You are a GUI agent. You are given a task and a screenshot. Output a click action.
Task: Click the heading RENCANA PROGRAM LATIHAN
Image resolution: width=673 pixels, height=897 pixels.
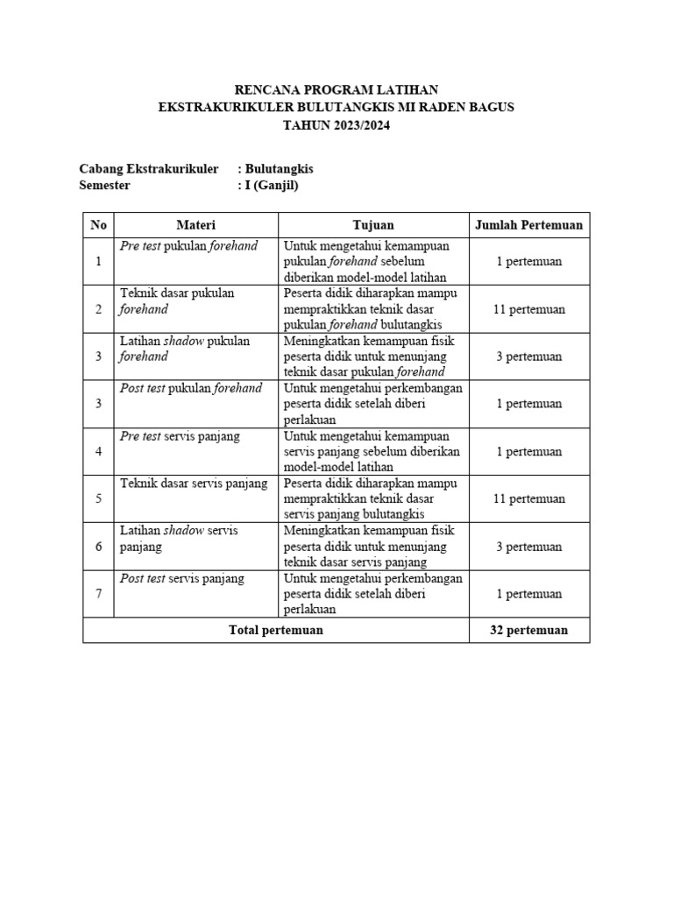click(336, 90)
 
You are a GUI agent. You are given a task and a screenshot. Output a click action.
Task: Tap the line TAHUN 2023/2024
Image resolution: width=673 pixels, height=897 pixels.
click(336, 125)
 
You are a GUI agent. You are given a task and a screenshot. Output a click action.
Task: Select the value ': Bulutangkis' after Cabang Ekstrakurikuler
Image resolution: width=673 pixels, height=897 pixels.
click(275, 168)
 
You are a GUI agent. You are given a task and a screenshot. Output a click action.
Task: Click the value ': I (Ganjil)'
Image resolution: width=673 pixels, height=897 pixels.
click(267, 185)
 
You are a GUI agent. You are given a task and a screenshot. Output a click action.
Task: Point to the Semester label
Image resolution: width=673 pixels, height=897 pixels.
click(104, 185)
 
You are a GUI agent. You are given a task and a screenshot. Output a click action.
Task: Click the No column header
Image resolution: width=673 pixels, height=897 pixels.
click(98, 225)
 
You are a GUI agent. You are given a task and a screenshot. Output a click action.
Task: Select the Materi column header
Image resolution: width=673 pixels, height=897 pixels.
click(195, 225)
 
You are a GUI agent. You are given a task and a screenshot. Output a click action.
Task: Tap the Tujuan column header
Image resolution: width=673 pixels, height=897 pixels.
click(373, 225)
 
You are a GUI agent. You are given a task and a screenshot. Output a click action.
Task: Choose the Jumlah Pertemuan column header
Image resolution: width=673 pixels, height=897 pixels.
click(528, 225)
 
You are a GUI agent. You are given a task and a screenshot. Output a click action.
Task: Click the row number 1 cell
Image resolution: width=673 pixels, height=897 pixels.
click(98, 261)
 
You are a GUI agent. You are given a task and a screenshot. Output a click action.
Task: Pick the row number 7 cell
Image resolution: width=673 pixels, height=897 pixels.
click(98, 594)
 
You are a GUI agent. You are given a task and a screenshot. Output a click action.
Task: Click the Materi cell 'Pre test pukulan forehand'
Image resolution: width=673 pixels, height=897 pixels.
click(188, 246)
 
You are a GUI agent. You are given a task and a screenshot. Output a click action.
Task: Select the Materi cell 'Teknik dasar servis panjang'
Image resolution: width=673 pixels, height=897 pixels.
click(194, 484)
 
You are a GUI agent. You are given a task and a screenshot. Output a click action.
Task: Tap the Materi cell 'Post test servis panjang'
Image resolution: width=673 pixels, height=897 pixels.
click(182, 579)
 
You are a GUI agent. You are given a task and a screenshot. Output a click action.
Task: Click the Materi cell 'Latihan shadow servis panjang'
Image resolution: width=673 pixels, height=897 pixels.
click(179, 538)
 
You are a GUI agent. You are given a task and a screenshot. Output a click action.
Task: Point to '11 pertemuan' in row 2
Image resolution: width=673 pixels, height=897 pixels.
click(528, 309)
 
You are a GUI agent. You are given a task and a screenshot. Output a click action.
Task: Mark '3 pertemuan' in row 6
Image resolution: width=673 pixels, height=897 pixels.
click(528, 547)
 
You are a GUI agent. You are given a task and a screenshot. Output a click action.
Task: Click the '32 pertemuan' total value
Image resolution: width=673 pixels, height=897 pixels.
click(528, 630)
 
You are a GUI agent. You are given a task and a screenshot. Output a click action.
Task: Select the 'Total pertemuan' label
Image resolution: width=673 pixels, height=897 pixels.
click(275, 630)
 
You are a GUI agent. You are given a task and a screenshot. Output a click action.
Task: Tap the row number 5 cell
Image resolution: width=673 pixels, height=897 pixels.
click(98, 498)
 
